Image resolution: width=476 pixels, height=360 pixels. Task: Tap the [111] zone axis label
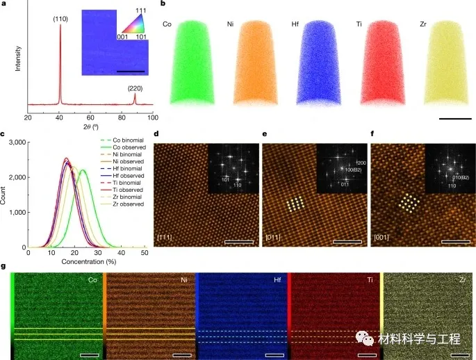[165, 240]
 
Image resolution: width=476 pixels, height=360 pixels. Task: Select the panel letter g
[6, 266]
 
